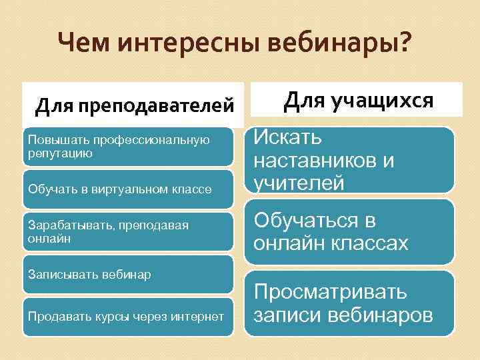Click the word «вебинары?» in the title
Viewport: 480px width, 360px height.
340,45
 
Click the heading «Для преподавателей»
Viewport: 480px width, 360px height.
135,105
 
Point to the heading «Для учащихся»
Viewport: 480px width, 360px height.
358,100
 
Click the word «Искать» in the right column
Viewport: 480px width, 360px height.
287,139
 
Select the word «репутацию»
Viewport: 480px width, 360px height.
60,153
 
